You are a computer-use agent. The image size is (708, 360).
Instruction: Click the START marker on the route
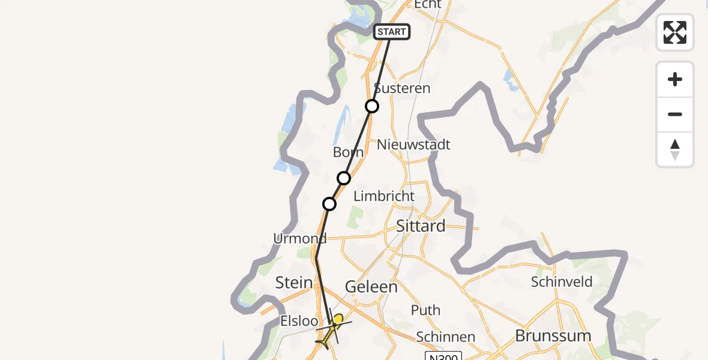click(x=392, y=32)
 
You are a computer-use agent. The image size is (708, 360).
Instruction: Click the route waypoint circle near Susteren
click(x=372, y=106)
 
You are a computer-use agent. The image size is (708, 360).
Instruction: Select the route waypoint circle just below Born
click(x=344, y=178)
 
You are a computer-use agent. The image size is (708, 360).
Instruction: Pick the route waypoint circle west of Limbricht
click(x=329, y=204)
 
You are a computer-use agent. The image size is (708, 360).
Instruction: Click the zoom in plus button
click(x=675, y=80)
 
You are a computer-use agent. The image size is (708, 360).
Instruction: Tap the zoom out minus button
click(x=675, y=115)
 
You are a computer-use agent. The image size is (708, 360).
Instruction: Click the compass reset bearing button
click(x=675, y=149)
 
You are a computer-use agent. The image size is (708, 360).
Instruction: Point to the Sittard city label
click(x=421, y=226)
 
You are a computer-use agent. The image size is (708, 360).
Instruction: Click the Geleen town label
click(x=371, y=287)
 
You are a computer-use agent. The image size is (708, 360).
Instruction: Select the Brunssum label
click(x=553, y=335)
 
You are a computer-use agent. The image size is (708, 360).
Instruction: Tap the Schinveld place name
click(x=562, y=281)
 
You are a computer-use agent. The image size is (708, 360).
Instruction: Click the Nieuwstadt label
click(x=413, y=145)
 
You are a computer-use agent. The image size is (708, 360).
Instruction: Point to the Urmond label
click(x=300, y=239)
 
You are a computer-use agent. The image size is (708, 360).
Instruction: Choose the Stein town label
click(x=294, y=283)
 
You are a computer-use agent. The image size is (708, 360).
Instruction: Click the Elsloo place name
click(x=299, y=321)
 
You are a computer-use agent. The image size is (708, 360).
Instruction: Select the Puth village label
click(x=425, y=310)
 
